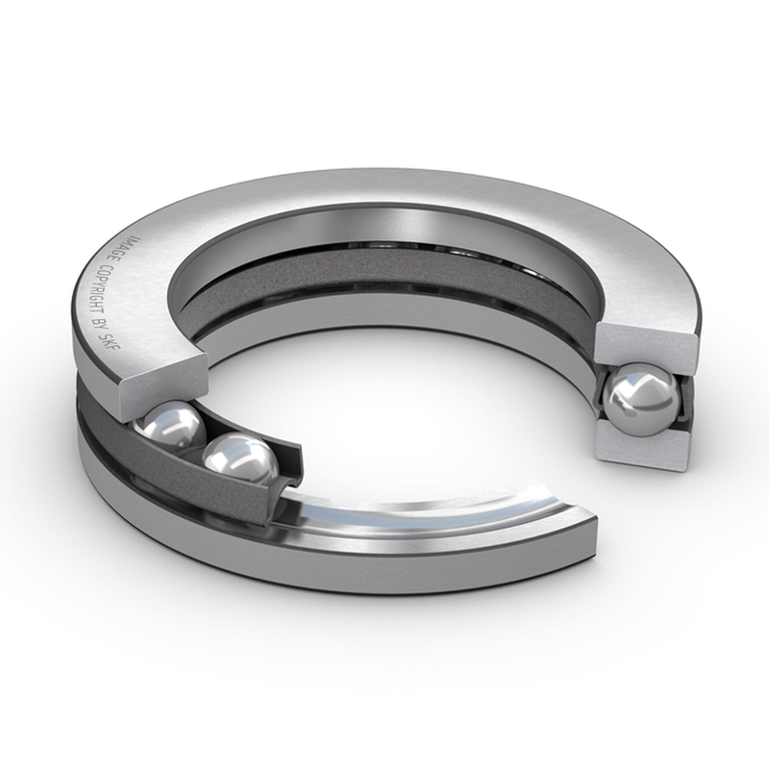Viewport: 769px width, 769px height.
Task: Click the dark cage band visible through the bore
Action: coord(384,265)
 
